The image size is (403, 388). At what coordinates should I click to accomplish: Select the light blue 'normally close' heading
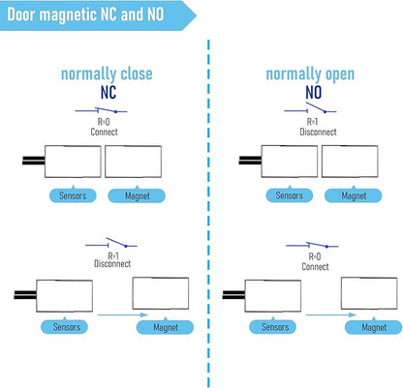[x=107, y=74]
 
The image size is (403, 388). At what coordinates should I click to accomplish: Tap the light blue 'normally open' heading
[x=310, y=75]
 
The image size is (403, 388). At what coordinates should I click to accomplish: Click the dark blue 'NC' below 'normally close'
[x=108, y=93]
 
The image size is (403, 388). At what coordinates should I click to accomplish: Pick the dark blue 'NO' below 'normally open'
[x=313, y=93]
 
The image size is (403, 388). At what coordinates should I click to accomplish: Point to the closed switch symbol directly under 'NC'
[x=101, y=110]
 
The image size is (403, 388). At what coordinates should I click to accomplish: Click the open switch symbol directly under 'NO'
[x=310, y=108]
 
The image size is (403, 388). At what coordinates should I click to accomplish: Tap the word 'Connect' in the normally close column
[x=104, y=132]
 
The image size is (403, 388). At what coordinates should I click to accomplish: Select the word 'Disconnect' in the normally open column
[x=318, y=132]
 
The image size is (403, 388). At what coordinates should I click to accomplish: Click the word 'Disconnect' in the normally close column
[x=112, y=263]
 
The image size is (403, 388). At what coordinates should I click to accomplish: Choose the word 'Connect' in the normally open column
[x=315, y=267]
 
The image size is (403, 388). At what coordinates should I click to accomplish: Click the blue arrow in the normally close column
[x=123, y=314]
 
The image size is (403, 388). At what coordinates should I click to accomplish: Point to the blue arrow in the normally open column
[x=331, y=314]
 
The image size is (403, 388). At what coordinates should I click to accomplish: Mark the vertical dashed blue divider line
[x=208, y=213]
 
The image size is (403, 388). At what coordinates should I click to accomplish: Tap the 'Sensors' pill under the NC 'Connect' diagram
[x=73, y=195]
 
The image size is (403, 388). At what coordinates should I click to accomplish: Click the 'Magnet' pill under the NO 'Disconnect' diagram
[x=354, y=195]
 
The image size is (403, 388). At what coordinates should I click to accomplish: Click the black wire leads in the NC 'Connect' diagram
[x=34, y=161]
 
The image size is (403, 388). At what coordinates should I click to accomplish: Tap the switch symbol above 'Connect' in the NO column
[x=312, y=245]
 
